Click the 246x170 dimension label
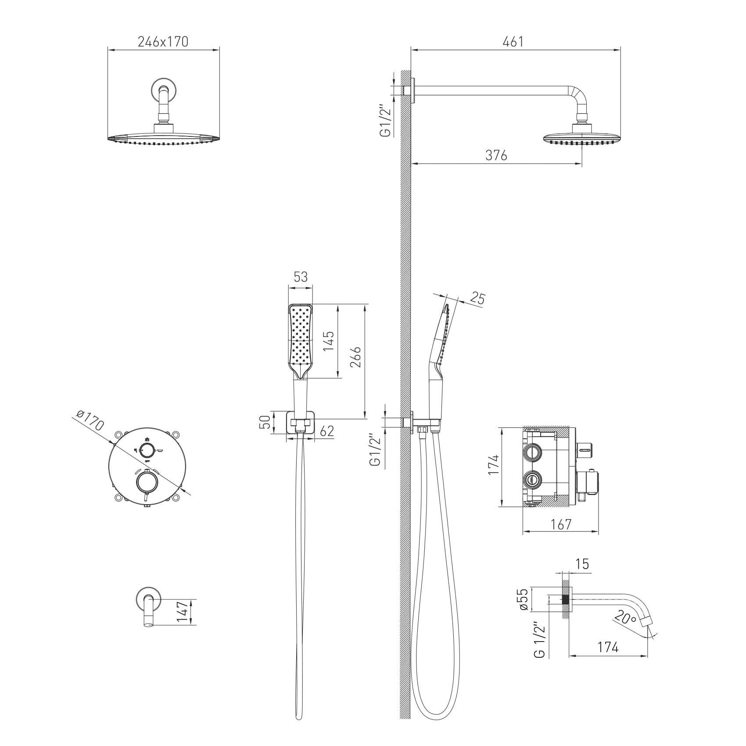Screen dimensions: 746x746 tap(163, 41)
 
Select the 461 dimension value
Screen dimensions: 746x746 tap(513, 41)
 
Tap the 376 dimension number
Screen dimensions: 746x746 tap(496, 155)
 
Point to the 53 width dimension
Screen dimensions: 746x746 tap(301, 277)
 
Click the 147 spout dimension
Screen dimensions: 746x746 tap(183, 611)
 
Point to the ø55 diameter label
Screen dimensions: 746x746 tap(523, 599)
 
